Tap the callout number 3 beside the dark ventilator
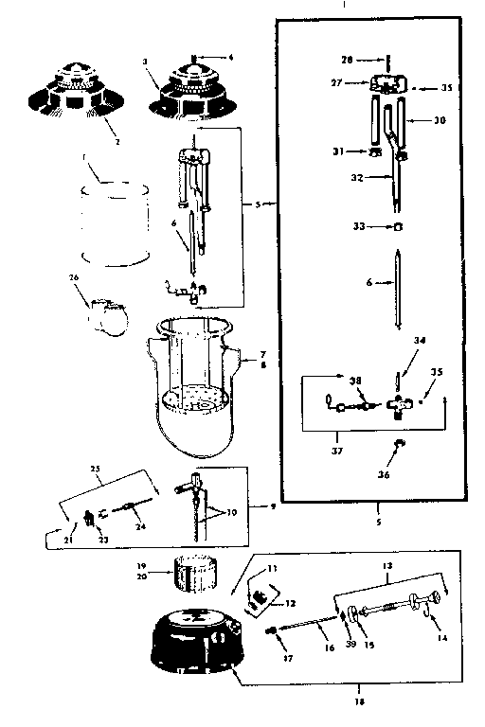145,62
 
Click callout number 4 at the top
230,55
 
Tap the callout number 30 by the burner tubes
438,120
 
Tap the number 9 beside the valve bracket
273,506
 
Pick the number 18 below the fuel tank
361,701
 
